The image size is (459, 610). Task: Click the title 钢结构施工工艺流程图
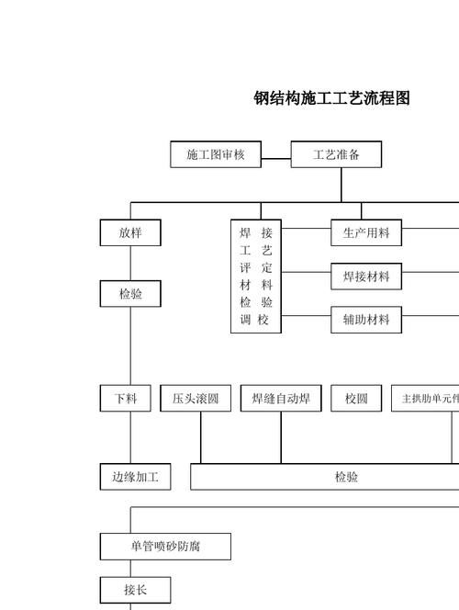[x=331, y=98]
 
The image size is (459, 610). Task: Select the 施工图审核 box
[x=216, y=154]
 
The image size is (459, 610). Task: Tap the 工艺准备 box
[x=336, y=154]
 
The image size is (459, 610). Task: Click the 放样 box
[x=130, y=233]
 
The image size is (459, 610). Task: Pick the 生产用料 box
[x=366, y=233]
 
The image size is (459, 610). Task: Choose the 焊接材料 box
[x=366, y=276]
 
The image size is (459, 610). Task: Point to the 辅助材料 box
[x=366, y=320]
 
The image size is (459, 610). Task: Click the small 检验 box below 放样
[x=130, y=295]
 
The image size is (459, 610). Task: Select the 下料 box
[x=126, y=399]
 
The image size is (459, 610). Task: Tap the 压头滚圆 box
[x=196, y=399]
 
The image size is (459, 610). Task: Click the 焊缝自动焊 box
[x=281, y=399]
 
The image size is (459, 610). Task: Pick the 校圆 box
[x=356, y=399]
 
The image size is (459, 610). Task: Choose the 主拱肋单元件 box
[x=426, y=399]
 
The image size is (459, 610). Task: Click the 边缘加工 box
[x=135, y=477]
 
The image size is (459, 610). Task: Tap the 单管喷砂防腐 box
[x=165, y=547]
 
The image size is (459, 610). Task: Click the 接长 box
[x=135, y=590]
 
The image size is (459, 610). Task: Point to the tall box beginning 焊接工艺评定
[x=256, y=276]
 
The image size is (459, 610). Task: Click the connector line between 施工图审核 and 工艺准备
[x=276, y=154]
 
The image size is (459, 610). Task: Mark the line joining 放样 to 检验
[x=130, y=264]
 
